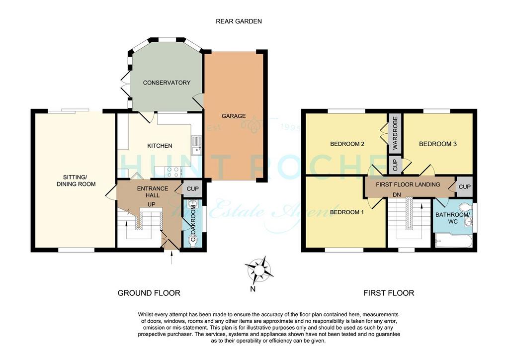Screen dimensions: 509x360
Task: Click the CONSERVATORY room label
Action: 167,83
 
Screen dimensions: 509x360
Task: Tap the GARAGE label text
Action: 234,116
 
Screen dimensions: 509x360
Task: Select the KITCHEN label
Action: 160,146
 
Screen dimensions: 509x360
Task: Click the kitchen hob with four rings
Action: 173,172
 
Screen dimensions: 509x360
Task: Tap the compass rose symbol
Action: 258,270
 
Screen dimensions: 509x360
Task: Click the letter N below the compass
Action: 253,289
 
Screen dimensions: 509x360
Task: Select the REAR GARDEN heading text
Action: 239,21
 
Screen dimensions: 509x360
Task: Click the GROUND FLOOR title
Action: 149,293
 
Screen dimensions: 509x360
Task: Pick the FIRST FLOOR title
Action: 389,293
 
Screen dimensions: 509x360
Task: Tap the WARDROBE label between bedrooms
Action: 395,133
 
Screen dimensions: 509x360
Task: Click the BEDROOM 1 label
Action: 346,212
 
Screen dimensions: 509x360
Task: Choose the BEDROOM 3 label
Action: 437,144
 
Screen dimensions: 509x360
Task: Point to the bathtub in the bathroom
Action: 452,241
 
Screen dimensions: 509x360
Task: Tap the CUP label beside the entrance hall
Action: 192,189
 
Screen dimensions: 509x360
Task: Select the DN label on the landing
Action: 397,195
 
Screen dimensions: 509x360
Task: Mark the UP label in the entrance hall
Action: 151,204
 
